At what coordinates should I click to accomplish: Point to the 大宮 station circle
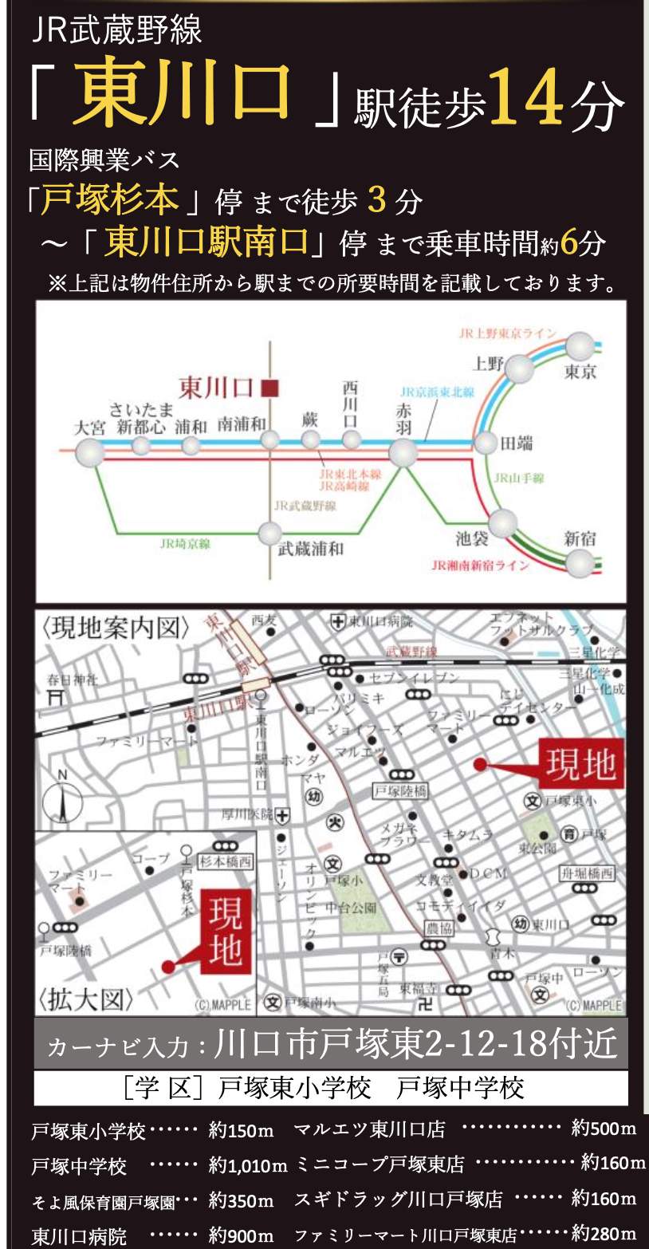point(89,453)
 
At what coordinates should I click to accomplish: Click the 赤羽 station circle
point(403,452)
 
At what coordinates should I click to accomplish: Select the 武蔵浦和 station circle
point(270,533)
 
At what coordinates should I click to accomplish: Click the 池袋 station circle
point(503,524)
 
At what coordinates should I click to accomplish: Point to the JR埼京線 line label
point(184,543)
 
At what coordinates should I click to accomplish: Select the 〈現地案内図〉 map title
point(117,628)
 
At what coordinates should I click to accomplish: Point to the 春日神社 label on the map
point(73,680)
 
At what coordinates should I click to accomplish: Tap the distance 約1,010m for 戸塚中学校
point(247,1166)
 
